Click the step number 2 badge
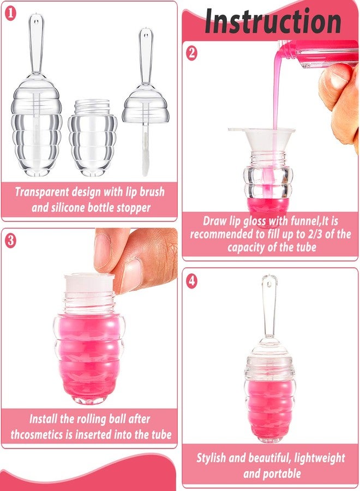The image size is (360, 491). click(x=191, y=53)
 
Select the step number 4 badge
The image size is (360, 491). click(x=191, y=282)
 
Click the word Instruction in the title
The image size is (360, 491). click(x=272, y=22)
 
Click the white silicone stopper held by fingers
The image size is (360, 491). click(x=89, y=283)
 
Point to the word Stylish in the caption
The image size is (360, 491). click(x=214, y=458)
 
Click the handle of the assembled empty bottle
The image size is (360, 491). click(x=37, y=44)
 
